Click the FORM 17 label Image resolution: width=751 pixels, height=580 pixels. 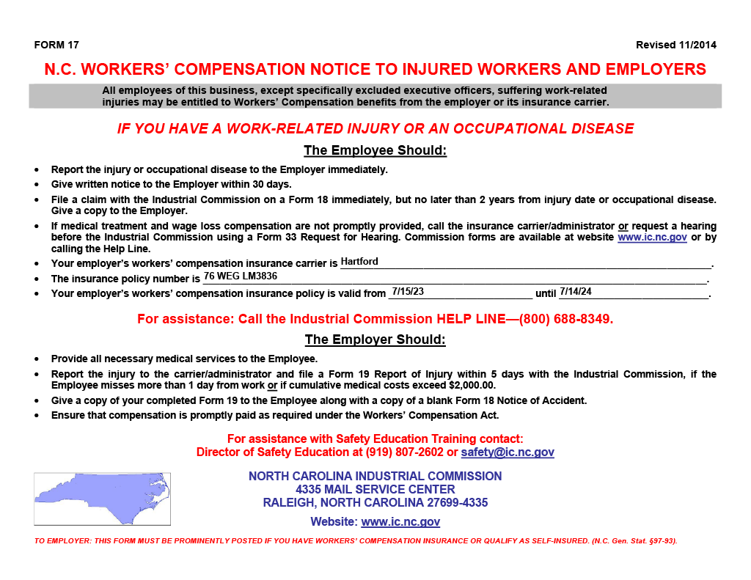[56, 45]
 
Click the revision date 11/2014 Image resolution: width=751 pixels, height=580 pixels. [697, 45]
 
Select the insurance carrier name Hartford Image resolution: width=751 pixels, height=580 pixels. [359, 262]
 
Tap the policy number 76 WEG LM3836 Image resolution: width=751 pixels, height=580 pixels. [241, 276]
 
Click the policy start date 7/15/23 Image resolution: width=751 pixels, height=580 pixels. [408, 291]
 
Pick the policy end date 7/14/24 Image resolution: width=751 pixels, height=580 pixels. [576, 291]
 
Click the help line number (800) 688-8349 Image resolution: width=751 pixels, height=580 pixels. [565, 320]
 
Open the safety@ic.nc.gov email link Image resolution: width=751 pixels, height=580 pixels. [508, 452]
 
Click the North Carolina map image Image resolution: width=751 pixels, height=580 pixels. [102, 499]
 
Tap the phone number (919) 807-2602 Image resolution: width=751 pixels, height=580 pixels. [400, 452]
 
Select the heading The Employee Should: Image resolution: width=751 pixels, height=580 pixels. [375, 151]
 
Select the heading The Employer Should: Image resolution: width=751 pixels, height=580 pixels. [375, 340]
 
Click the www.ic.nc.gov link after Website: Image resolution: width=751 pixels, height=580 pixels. [400, 522]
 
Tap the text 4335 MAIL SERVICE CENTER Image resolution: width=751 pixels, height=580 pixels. [375, 489]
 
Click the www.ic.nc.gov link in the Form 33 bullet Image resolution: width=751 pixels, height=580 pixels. [652, 238]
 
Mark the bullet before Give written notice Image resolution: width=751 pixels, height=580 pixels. [37, 185]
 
